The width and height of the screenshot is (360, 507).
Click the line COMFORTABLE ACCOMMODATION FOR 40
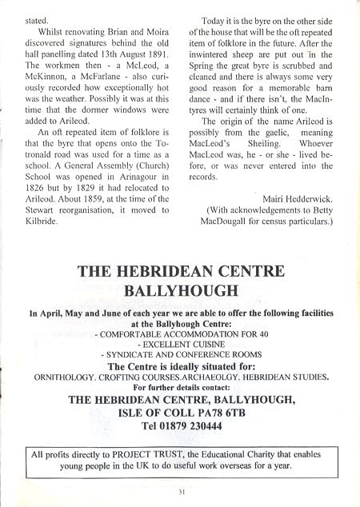pos(180,333)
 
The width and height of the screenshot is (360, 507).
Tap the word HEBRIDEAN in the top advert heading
pos(164,271)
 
